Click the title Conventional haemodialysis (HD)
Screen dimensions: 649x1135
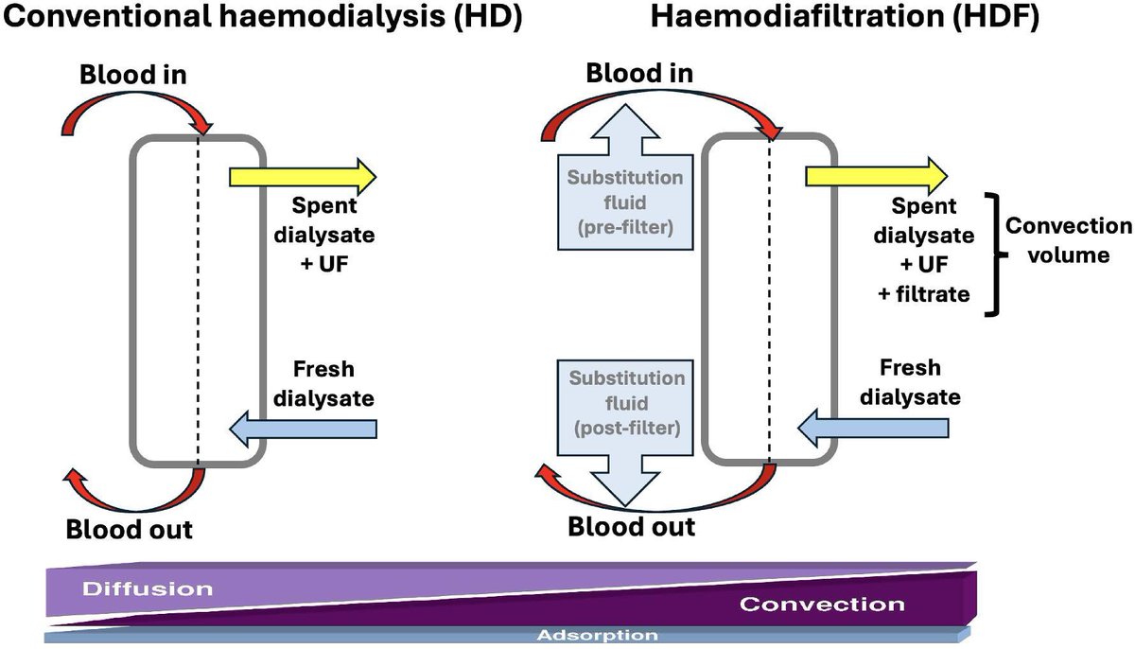[263, 20]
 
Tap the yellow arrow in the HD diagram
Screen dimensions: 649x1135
[303, 176]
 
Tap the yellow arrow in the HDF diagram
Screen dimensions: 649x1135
[875, 176]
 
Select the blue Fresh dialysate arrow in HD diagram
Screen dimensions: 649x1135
[303, 429]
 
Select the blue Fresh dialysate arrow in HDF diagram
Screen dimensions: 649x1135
[874, 429]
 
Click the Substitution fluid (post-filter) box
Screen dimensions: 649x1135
[625, 402]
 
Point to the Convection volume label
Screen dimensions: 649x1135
[1068, 240]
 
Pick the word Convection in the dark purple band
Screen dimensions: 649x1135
[821, 605]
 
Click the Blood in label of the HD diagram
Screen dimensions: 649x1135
[134, 75]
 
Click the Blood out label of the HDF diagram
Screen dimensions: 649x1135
[631, 526]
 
